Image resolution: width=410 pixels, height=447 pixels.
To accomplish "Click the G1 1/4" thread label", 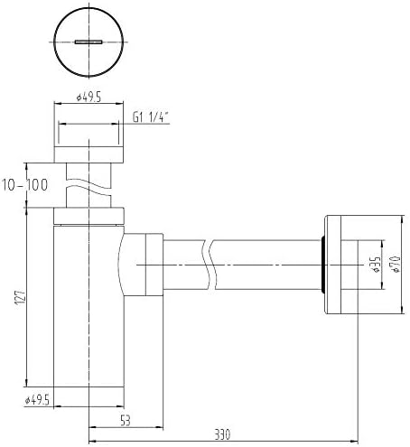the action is click(x=150, y=116).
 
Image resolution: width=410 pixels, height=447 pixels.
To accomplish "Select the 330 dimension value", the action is click(x=222, y=434).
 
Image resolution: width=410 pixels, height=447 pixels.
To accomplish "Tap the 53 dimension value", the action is click(x=126, y=420).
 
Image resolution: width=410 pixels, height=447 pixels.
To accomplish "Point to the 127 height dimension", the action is click(x=20, y=297).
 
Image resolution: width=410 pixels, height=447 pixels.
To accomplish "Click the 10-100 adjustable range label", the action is click(x=25, y=185).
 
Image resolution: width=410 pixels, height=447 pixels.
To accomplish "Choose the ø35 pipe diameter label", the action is click(x=376, y=265).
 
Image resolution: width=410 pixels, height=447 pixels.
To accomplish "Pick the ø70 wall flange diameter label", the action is click(x=395, y=265).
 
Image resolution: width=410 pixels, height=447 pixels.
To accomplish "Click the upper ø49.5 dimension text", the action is click(x=89, y=98).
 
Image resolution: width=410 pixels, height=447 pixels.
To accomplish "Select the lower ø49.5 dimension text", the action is click(x=37, y=400).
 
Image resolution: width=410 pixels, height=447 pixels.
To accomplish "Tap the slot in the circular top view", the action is click(x=89, y=42).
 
